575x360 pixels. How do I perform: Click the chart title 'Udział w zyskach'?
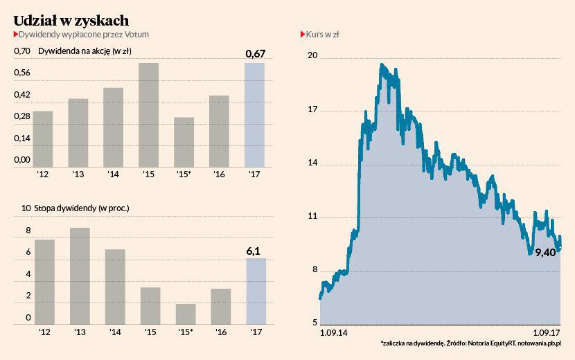pos(71,20)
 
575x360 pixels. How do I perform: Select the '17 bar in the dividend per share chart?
pos(255,115)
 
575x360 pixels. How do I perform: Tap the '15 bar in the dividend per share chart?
pos(149,115)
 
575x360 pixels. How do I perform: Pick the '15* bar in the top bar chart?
pos(184,142)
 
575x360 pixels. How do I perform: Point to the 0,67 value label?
pos(256,54)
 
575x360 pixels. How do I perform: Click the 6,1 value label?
pos(255,250)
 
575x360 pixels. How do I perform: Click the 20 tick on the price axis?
pos(312,55)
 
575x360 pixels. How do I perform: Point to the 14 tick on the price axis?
pos(312,163)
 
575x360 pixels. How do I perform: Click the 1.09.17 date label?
pos(546,333)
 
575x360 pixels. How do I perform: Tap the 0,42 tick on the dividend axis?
pos(22,95)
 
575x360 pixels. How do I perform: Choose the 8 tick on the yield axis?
pos(28,231)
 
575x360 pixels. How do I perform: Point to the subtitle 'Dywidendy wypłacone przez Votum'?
pos(83,34)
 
